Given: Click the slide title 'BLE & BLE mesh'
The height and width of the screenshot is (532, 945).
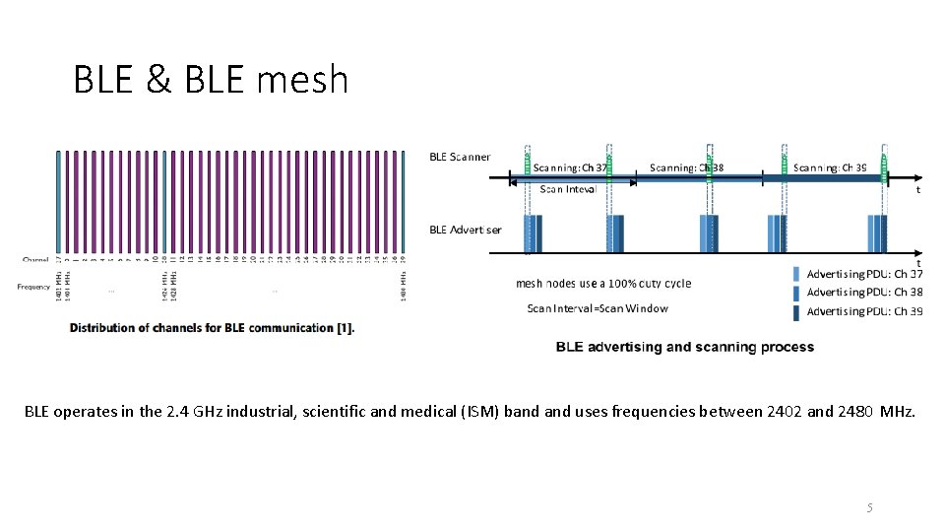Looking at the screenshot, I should pyautogui.click(x=211, y=79).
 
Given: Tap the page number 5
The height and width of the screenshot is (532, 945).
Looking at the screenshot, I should pyautogui.click(x=869, y=507).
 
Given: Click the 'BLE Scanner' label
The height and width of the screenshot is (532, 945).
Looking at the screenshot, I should pyautogui.click(x=460, y=157).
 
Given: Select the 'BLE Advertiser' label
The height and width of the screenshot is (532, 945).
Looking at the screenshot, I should pyautogui.click(x=465, y=230).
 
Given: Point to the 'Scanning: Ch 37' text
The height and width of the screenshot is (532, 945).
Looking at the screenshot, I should pyautogui.click(x=570, y=167).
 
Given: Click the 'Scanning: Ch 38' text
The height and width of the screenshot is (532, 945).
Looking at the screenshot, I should pyautogui.click(x=686, y=167).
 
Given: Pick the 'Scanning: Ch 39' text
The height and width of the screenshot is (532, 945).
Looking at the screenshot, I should pyautogui.click(x=830, y=167).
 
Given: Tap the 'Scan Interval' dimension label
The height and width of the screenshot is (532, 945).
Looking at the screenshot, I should pyautogui.click(x=568, y=189).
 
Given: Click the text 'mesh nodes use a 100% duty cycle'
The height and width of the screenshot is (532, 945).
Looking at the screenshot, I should pyautogui.click(x=603, y=284).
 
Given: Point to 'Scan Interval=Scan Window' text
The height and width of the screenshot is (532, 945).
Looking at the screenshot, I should pyautogui.click(x=598, y=308).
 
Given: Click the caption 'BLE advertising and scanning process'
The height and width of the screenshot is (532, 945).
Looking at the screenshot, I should pyautogui.click(x=685, y=347).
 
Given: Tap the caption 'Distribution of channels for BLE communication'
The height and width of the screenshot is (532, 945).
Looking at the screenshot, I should pyautogui.click(x=212, y=328).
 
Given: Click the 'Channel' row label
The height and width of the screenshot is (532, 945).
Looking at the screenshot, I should pyautogui.click(x=35, y=260).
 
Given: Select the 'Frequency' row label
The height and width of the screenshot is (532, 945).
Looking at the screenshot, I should pyautogui.click(x=33, y=287).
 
